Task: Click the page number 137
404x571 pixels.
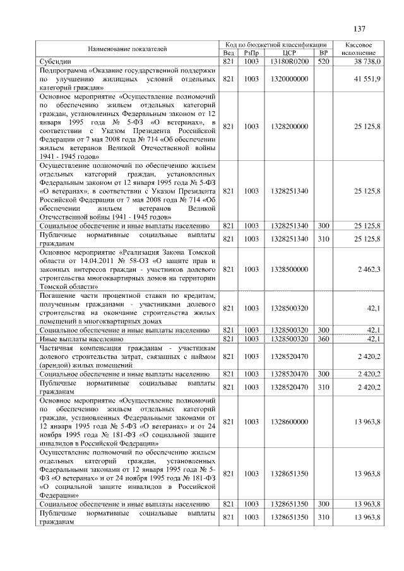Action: pyautogui.click(x=359, y=29)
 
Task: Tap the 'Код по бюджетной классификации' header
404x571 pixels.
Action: pyautogui.click(x=276, y=45)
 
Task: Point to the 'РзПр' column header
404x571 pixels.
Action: pyautogui.click(x=251, y=53)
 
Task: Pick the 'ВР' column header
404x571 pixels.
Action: pyautogui.click(x=323, y=53)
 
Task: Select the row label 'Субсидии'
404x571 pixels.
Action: pyautogui.click(x=56, y=62)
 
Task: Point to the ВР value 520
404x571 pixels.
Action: pyautogui.click(x=323, y=62)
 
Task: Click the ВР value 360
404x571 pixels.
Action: pyautogui.click(x=323, y=339)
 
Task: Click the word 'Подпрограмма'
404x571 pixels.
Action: pyautogui.click(x=63, y=71)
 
